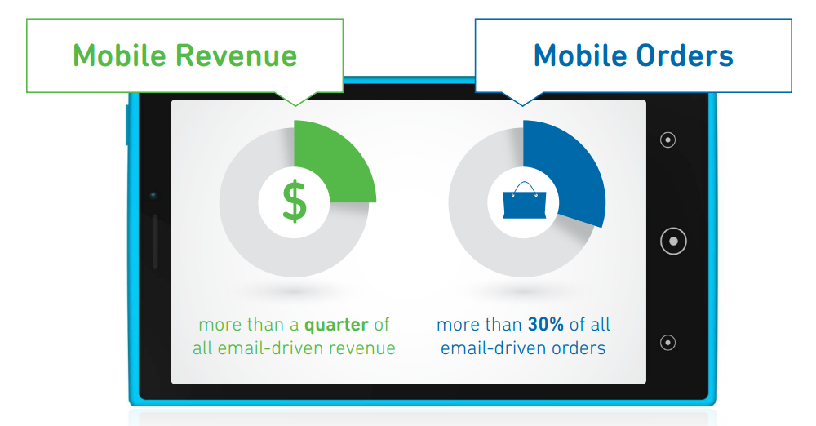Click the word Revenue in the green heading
[x=236, y=55]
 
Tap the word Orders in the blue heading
[x=685, y=55]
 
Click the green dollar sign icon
[x=295, y=201]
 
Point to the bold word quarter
[x=336, y=325]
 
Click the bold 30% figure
[x=546, y=325]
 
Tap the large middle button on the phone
[x=673, y=241]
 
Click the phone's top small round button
[x=667, y=140]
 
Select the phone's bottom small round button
[x=667, y=342]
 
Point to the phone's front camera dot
[x=153, y=195]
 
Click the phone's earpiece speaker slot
[x=155, y=242]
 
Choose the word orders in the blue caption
[x=579, y=348]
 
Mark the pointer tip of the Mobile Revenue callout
[x=295, y=106]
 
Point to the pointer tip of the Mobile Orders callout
[x=522, y=106]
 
